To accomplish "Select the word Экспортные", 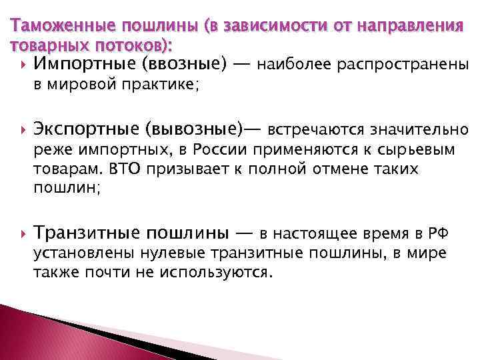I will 83,129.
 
